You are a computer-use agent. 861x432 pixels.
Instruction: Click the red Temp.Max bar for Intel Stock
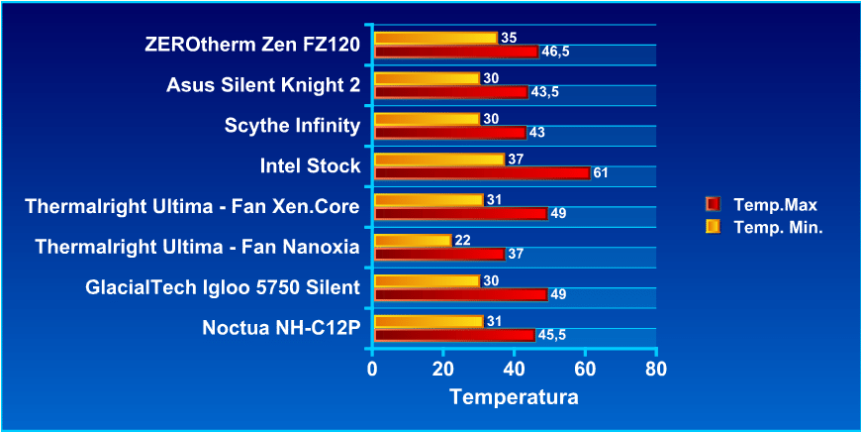[482, 173]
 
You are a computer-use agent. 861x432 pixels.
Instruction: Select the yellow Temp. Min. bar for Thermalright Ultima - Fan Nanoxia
[413, 241]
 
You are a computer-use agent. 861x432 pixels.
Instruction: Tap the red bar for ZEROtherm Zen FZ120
[456, 52]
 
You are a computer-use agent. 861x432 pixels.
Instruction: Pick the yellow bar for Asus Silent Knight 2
[427, 78]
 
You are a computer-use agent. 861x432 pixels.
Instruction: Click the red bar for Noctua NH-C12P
[454, 335]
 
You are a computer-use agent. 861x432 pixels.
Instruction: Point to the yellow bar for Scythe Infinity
[427, 119]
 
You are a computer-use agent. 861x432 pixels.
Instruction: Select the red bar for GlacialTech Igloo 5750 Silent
[460, 294]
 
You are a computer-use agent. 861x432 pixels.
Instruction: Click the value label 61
[600, 173]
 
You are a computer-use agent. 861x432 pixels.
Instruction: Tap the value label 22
[461, 241]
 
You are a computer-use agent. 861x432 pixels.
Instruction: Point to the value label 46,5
[554, 52]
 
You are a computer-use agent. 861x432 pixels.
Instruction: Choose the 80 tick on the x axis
[656, 369]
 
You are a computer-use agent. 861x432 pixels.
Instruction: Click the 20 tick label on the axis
[442, 369]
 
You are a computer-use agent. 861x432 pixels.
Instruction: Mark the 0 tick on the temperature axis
[372, 369]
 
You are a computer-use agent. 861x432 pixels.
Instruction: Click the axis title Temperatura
[513, 397]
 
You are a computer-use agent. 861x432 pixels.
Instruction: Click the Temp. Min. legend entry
[778, 227]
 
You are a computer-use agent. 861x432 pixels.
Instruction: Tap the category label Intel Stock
[310, 166]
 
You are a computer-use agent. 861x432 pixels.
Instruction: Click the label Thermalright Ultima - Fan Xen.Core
[192, 207]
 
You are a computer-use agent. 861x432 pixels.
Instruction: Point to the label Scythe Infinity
[293, 126]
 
